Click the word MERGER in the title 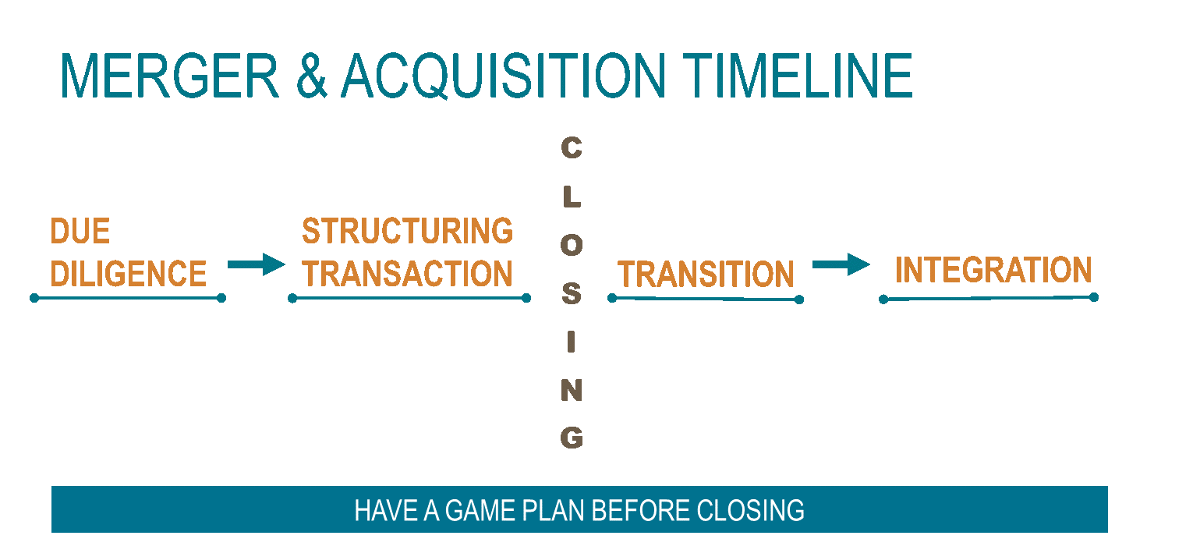[x=170, y=76]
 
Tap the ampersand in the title [x=311, y=76]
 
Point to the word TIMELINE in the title [x=798, y=76]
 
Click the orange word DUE [x=80, y=231]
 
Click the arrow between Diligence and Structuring [x=256, y=264]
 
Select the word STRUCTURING [x=408, y=231]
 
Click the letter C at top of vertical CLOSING [x=572, y=148]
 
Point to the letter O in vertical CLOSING [x=572, y=246]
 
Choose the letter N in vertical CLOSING [x=572, y=390]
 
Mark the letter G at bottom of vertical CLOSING [x=572, y=438]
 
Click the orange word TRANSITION [x=706, y=274]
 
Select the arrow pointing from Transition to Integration [x=841, y=264]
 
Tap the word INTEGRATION [x=993, y=270]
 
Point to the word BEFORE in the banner [x=640, y=510]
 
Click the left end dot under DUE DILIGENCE [x=34, y=298]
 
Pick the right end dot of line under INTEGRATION [x=1094, y=297]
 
